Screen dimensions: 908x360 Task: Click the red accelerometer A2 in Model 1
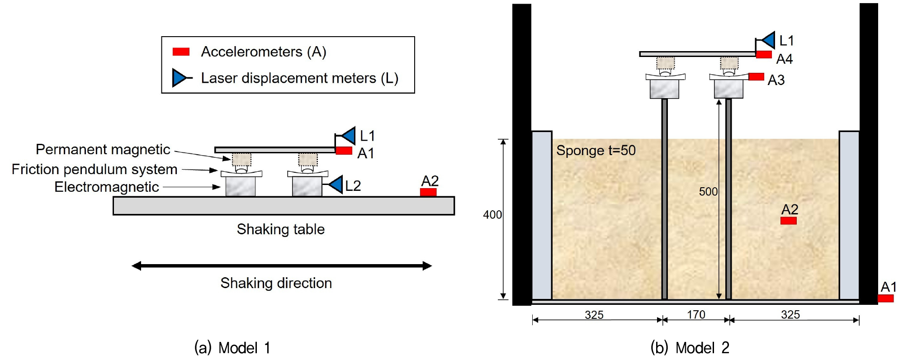pos(428,192)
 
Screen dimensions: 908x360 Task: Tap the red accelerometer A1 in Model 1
pos(344,151)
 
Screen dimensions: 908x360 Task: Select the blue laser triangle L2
pos(336,185)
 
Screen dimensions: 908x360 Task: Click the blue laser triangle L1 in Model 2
pos(768,40)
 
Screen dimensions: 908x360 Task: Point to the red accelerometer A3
pos(756,77)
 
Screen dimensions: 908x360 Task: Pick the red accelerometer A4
pos(764,55)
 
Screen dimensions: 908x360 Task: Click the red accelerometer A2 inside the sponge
pos(788,221)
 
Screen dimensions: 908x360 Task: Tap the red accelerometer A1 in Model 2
pos(885,298)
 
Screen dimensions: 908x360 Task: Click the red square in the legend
pos(181,52)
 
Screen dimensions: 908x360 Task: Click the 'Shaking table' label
pos(281,229)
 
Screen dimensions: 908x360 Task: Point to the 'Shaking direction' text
pos(276,283)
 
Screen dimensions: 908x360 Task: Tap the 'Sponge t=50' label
pos(596,150)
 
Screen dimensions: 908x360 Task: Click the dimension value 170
pos(696,314)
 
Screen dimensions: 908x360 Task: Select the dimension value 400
pos(492,215)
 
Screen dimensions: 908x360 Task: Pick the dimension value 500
pos(708,192)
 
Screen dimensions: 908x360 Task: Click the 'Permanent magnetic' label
pos(103,150)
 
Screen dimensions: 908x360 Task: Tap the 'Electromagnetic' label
pos(107,187)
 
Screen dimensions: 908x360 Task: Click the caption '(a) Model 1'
pos(232,348)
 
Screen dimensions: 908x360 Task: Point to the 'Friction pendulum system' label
pos(95,170)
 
